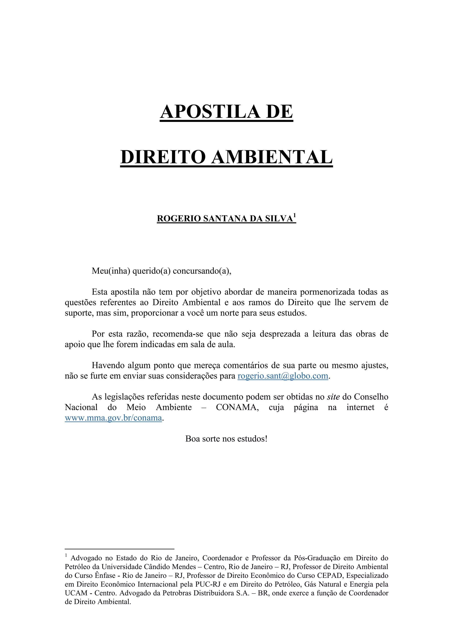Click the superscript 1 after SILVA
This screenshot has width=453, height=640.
click(295, 216)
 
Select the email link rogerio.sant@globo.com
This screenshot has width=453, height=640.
click(282, 376)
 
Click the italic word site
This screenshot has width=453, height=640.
click(333, 397)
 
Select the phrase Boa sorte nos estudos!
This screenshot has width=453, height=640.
click(226, 439)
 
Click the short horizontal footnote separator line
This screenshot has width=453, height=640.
click(119, 549)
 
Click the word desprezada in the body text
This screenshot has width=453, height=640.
click(280, 334)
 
